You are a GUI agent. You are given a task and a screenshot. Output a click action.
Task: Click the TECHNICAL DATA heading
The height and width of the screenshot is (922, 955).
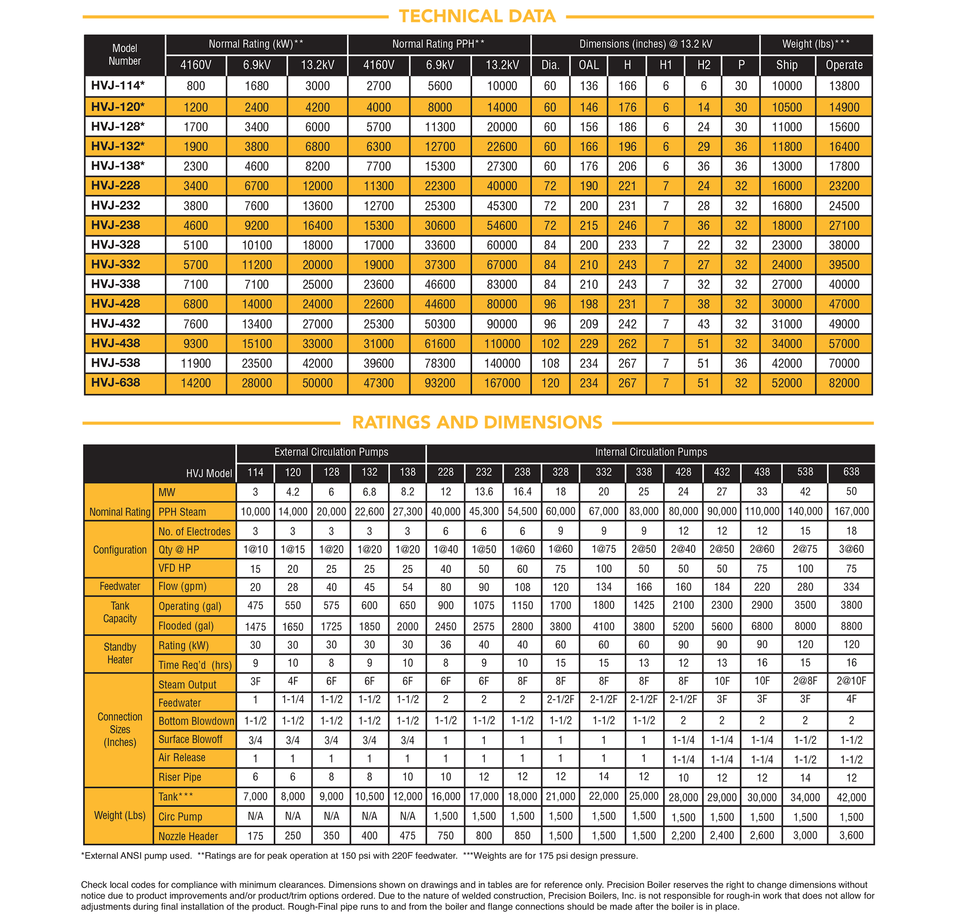477,16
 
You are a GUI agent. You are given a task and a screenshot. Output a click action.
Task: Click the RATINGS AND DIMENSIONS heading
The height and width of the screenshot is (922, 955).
477,422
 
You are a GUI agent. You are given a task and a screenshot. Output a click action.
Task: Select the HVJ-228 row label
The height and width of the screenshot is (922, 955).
116,186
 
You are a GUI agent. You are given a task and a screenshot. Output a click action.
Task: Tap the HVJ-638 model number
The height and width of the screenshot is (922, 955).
116,382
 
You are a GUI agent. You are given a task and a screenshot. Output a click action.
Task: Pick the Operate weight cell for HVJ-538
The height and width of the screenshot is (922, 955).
844,363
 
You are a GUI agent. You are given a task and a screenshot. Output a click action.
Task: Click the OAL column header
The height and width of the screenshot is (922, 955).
589,65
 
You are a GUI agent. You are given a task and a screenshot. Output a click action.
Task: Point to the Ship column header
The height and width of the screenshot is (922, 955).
786,65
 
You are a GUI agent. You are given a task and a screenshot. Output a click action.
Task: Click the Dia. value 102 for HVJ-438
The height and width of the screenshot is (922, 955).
550,344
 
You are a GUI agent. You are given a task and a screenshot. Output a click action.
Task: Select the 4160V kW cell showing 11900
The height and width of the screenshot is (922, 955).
195,363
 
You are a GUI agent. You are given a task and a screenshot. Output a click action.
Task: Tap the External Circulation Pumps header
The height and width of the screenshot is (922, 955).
331,452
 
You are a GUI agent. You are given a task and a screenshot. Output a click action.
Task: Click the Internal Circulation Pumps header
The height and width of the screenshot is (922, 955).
650,452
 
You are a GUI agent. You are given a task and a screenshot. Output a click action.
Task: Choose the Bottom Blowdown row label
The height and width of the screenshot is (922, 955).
196,721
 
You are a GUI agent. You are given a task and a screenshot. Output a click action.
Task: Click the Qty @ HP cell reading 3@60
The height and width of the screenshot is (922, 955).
851,549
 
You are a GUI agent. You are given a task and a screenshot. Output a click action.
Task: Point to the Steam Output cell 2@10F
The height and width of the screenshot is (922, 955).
851,681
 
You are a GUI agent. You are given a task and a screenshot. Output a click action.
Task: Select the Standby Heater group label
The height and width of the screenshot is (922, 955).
120,654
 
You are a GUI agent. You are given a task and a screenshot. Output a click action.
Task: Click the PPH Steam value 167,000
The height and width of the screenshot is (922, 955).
851,511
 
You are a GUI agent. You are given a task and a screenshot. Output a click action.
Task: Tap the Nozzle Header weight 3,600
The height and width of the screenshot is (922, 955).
851,835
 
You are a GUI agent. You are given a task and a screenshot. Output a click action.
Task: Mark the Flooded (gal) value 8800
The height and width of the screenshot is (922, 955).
851,625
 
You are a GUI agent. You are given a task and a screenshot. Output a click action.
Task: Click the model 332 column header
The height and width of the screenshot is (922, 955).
603,472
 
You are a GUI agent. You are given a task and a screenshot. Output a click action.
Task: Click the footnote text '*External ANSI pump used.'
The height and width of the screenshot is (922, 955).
137,856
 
